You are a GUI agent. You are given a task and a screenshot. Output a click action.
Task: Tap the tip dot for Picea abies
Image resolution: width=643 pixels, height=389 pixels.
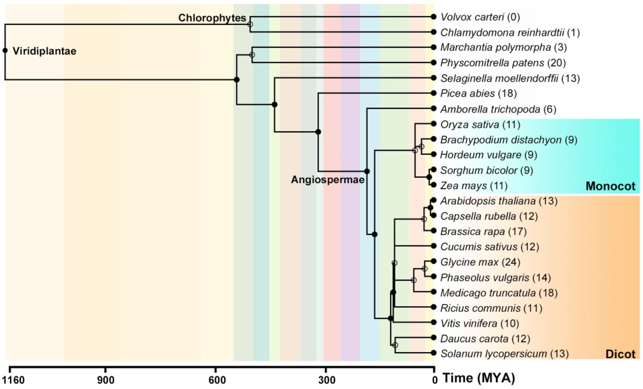(x=434, y=93)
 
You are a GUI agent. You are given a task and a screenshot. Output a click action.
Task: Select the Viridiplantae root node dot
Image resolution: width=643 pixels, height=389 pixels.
(x=5, y=50)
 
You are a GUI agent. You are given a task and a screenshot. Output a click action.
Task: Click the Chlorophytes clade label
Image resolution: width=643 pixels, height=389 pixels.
(x=212, y=18)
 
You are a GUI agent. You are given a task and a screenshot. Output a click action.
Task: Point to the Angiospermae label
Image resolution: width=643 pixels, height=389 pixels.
(x=327, y=180)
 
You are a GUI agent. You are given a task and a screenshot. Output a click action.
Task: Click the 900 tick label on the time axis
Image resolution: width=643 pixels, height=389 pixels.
(x=106, y=380)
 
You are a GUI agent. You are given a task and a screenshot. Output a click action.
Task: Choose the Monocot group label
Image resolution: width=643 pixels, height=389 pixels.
(x=610, y=186)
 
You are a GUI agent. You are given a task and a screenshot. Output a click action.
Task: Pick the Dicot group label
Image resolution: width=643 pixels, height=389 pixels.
(x=620, y=354)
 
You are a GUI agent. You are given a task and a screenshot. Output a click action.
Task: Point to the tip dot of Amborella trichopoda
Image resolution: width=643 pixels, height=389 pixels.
(x=434, y=108)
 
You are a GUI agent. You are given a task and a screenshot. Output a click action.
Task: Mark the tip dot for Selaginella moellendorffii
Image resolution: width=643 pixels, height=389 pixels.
(x=434, y=78)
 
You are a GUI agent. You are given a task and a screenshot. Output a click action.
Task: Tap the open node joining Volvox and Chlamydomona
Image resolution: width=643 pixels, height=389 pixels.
(x=250, y=24)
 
